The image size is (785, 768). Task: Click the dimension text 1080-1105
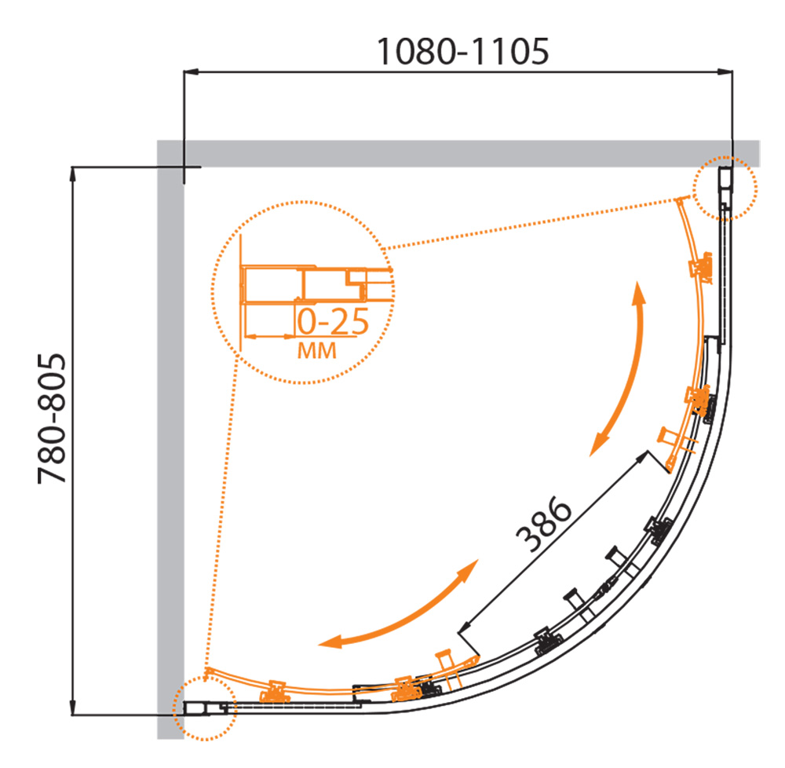tap(462, 52)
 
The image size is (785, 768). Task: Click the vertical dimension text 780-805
tap(52, 419)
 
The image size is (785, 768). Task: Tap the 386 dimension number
tap(543, 525)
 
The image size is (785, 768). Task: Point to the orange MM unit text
tap(317, 351)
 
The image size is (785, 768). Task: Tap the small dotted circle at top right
tap(725, 188)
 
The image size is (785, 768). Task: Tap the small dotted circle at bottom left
tap(204, 708)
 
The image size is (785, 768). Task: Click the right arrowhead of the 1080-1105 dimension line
tap(725, 72)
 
